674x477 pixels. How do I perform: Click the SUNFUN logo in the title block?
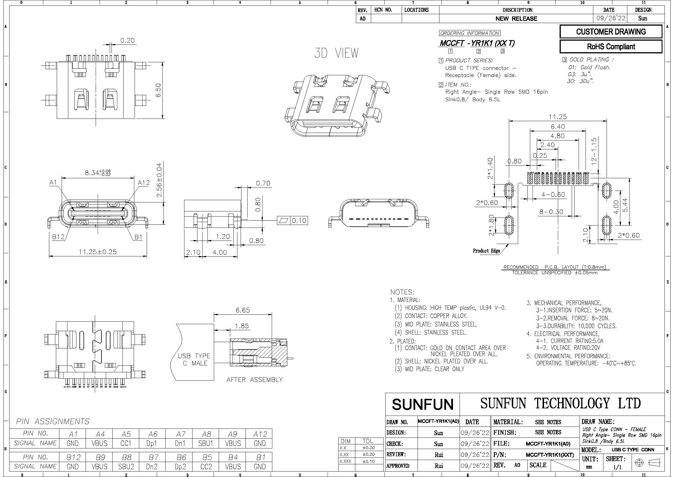(x=423, y=404)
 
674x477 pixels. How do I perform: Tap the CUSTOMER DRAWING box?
(x=611, y=32)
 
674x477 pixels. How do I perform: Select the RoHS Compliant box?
(x=611, y=46)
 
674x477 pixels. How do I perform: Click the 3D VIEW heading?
(x=336, y=53)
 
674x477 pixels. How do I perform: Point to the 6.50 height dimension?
(x=158, y=91)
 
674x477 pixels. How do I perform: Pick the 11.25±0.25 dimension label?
(x=98, y=252)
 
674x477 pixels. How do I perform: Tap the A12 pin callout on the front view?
(x=144, y=183)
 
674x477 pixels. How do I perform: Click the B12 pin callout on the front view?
(x=58, y=237)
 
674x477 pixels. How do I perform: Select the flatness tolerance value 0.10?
(x=299, y=221)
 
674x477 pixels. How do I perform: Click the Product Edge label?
(x=486, y=251)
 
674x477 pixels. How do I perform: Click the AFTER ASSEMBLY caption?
(x=254, y=380)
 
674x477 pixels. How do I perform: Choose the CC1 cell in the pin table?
(x=126, y=443)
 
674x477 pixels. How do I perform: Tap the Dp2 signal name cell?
(x=180, y=466)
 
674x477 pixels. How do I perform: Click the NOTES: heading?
(x=402, y=292)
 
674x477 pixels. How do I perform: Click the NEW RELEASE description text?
(x=516, y=18)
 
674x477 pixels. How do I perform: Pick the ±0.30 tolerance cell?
(x=369, y=448)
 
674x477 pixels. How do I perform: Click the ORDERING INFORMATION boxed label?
(x=469, y=33)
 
